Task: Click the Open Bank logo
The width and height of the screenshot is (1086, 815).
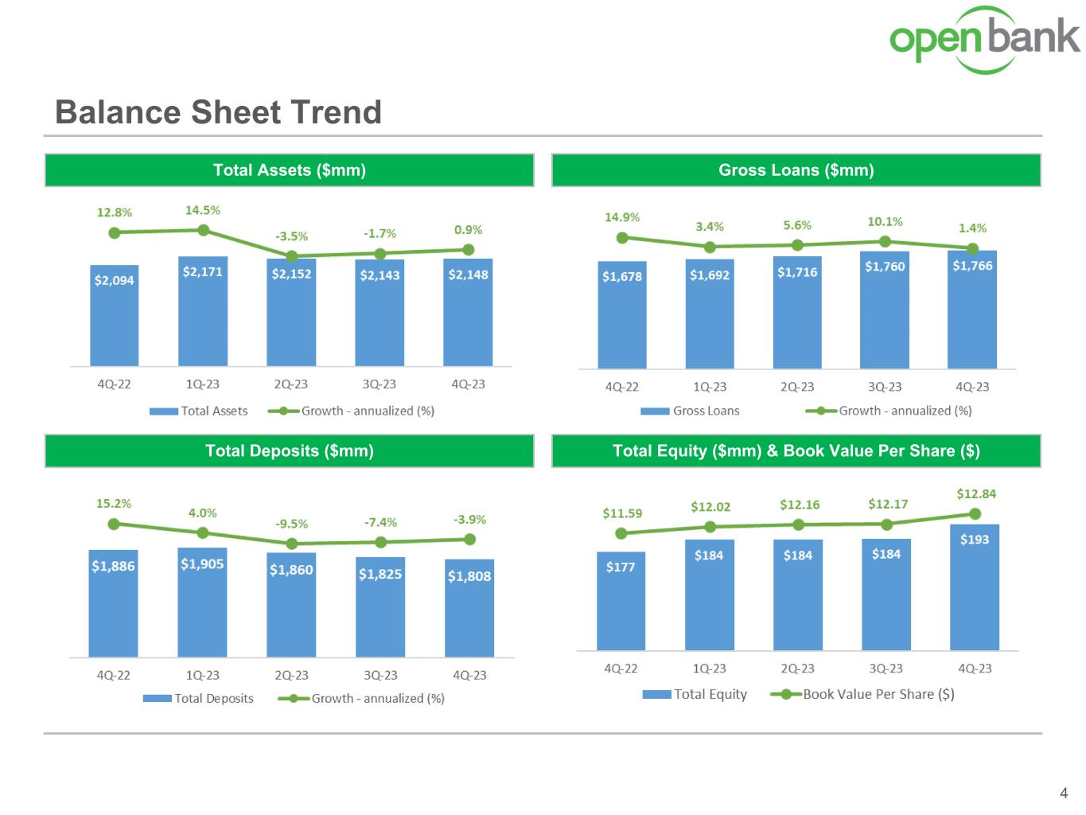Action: (984, 40)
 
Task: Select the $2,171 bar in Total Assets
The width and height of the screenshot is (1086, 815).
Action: (203, 311)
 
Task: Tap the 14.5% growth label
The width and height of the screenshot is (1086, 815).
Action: (203, 210)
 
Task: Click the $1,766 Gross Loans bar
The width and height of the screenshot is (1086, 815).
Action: (972, 310)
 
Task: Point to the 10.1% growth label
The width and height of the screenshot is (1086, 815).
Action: (885, 222)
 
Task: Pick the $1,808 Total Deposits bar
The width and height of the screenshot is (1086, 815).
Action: (469, 608)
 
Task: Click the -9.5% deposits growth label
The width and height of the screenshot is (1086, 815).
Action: (292, 524)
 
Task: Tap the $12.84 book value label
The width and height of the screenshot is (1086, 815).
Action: (976, 494)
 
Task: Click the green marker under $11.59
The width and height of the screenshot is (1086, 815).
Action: (621, 533)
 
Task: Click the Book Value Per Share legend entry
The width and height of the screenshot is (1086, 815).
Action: (862, 694)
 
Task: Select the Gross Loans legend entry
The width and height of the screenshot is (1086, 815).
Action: (690, 411)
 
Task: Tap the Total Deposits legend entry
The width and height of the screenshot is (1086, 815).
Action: (198, 698)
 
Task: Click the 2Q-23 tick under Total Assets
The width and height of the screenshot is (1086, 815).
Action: (291, 384)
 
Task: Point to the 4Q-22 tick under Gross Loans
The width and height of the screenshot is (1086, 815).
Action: (622, 387)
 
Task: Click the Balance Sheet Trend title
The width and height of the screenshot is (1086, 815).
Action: (218, 112)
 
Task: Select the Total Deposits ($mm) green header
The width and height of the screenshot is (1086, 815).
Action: (290, 450)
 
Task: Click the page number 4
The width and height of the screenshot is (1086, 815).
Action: (1064, 793)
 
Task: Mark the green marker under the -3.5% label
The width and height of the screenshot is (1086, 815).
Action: (292, 256)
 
